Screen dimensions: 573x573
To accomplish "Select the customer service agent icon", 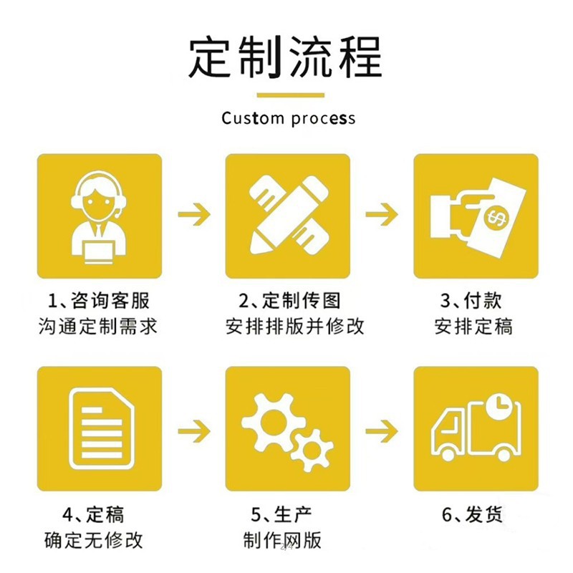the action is [100, 216].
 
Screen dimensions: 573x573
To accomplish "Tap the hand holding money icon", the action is [476, 216].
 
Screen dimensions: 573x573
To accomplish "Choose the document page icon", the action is [100, 428].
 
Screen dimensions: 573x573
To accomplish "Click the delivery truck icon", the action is [476, 428].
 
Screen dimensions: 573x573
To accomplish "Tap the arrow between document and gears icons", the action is [193, 430].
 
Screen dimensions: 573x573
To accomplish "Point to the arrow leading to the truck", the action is [382, 430].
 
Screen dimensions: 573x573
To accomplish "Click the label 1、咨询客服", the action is [98, 299].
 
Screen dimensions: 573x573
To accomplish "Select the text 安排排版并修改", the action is [294, 327].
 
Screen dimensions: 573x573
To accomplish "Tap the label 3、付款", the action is [473, 299].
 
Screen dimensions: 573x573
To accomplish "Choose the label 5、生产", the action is [281, 514].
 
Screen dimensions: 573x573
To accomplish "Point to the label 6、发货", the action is [473, 514].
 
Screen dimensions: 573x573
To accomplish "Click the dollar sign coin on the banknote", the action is [496, 217].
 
